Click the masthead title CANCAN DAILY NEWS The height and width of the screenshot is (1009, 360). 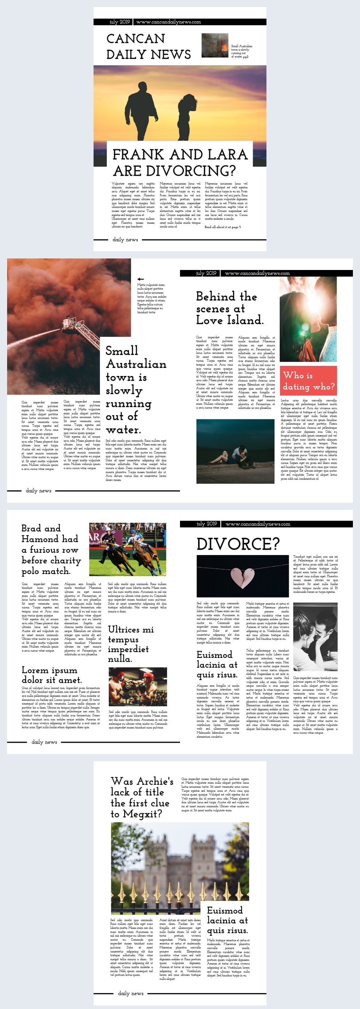(x=148, y=47)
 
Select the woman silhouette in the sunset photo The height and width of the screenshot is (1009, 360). (x=186, y=115)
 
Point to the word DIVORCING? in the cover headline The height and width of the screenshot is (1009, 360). (x=174, y=171)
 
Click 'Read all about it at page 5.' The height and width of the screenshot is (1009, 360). (x=223, y=227)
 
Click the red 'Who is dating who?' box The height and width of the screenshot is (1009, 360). (x=309, y=381)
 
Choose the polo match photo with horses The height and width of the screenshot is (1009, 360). (x=127, y=549)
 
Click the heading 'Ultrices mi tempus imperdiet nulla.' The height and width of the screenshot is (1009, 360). (x=131, y=644)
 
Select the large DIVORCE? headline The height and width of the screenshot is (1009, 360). (x=238, y=544)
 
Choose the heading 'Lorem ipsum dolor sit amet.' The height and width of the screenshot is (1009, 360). (x=51, y=675)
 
